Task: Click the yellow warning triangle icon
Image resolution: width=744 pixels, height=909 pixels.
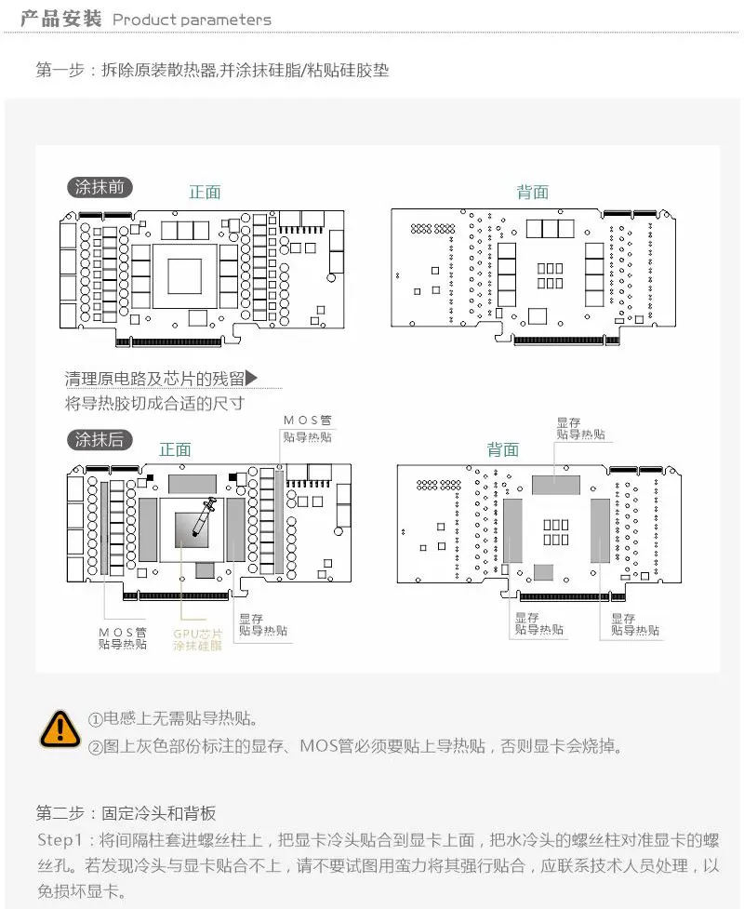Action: click(60, 729)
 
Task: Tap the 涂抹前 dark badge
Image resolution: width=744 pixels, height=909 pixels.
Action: click(100, 187)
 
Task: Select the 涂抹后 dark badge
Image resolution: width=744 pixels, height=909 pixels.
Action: click(100, 439)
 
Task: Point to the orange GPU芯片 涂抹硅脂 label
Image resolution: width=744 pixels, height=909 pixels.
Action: click(197, 639)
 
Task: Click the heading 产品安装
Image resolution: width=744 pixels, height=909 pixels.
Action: click(60, 19)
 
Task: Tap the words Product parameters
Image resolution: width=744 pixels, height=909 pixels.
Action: click(192, 20)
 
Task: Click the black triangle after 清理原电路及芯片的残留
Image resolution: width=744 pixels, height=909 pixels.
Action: click(251, 378)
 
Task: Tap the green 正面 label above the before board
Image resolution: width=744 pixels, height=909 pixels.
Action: click(205, 192)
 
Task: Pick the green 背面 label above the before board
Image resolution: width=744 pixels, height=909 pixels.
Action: click(533, 192)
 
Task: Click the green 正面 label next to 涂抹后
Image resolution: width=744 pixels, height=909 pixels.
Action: click(175, 449)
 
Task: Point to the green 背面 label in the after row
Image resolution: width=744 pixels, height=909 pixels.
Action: click(503, 449)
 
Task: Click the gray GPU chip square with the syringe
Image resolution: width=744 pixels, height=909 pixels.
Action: click(192, 530)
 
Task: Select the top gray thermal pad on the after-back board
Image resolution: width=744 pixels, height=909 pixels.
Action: click(556, 486)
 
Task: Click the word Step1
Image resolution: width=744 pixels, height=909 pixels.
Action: click(60, 839)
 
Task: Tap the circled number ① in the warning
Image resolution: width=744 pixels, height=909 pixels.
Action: click(95, 719)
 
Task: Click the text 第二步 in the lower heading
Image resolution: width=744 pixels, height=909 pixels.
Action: click(60, 813)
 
